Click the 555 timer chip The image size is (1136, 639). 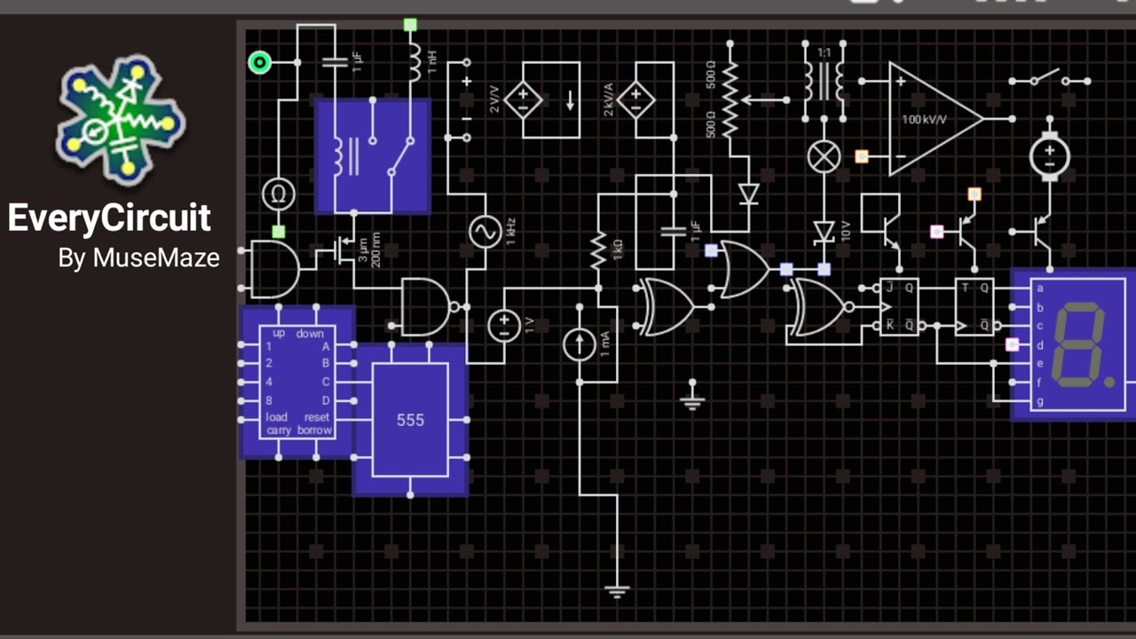pos(410,420)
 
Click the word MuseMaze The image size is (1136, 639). pos(156,258)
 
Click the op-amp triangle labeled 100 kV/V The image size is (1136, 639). pos(932,118)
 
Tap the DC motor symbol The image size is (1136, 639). pos(1049,156)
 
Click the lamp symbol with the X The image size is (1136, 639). pos(824,157)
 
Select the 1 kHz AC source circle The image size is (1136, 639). pos(485,231)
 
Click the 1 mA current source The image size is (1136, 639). pos(580,343)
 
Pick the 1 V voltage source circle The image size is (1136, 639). pos(503,325)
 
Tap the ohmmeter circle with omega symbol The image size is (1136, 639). pos(278,193)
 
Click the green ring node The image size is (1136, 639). pos(259,62)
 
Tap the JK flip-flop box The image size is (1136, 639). pos(898,306)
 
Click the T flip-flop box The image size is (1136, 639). pos(974,306)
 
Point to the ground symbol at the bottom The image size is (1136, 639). pos(617,591)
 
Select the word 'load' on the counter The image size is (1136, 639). pos(276,417)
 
